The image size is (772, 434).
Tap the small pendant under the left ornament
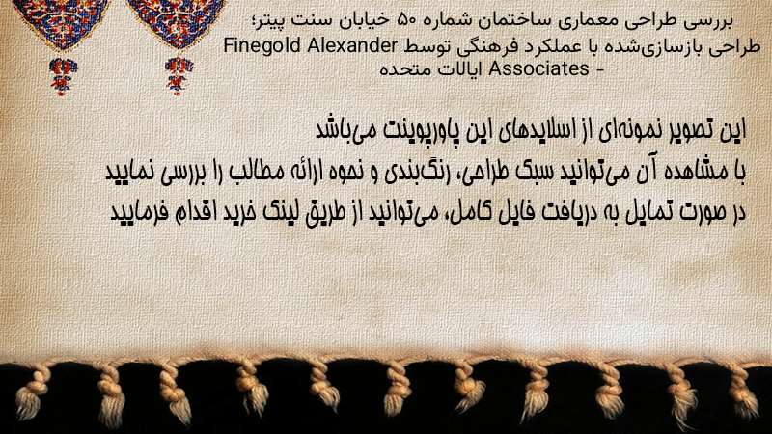click(63, 76)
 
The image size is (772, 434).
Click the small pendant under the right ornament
click(179, 75)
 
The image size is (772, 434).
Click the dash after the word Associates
click(599, 69)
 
